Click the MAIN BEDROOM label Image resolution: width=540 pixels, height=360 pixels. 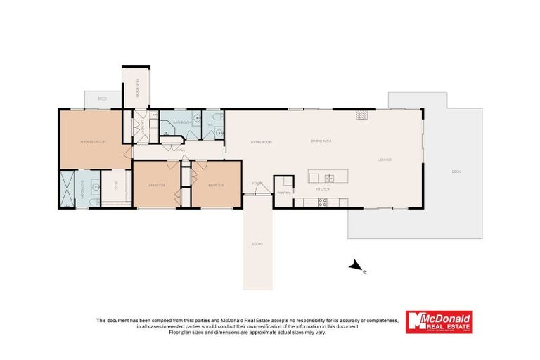[x=93, y=142]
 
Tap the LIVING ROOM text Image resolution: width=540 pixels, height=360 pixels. [x=261, y=142]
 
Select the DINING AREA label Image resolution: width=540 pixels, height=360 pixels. [x=321, y=142]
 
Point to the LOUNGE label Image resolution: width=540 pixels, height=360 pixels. [x=385, y=160]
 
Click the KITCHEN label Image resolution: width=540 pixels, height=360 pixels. [x=322, y=189]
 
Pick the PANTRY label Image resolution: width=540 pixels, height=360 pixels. [x=284, y=192]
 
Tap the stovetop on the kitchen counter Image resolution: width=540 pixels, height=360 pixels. [x=323, y=202]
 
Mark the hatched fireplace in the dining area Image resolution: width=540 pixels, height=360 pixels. [x=361, y=115]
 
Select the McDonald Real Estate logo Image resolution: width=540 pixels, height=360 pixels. [x=439, y=321]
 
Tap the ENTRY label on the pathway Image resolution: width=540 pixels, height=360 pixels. [x=257, y=244]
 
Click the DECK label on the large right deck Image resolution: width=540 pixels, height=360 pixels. [x=455, y=172]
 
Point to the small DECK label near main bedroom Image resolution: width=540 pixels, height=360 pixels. [x=102, y=98]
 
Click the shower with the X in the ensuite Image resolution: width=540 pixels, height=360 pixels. [x=67, y=188]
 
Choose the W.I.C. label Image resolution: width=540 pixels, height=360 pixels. [x=116, y=186]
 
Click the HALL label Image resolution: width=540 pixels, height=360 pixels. [x=181, y=150]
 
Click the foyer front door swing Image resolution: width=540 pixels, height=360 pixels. [x=250, y=190]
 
